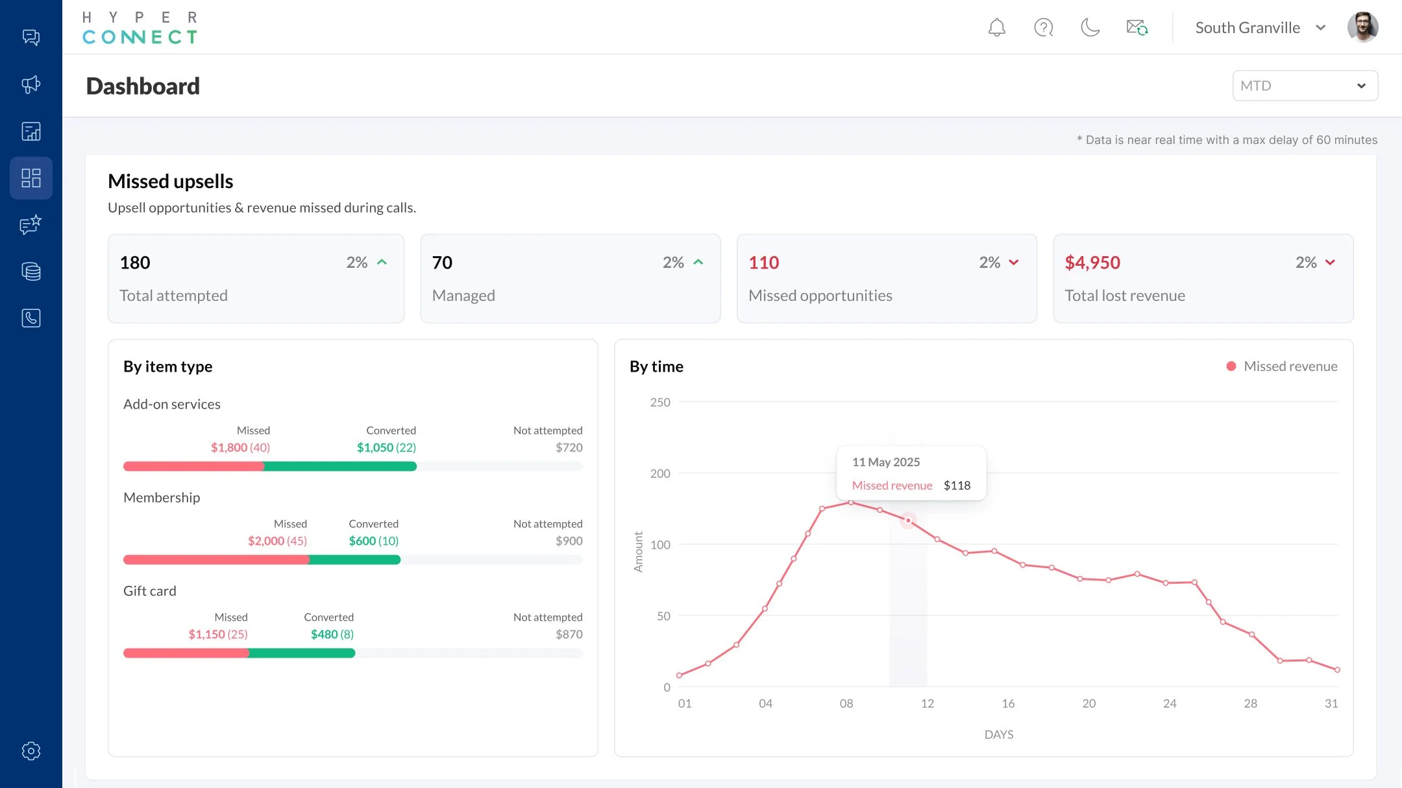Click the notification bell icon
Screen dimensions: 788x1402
[996, 27]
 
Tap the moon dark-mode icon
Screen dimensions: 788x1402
[1090, 27]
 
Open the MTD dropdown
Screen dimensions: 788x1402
[1305, 86]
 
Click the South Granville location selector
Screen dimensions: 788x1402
[1259, 28]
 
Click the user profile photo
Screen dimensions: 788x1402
[1362, 27]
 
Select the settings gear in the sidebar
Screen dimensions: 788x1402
[31, 750]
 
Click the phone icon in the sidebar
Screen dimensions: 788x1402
[31, 318]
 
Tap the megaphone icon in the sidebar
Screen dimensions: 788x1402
[31, 84]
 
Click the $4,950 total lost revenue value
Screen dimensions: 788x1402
[1092, 263]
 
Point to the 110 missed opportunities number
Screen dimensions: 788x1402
[763, 263]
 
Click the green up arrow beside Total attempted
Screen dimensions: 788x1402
[382, 262]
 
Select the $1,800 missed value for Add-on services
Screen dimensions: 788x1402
[229, 448]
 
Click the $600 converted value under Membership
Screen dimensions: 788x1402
[362, 541]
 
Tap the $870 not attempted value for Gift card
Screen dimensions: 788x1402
[569, 634]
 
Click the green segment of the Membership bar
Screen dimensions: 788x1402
[354, 560]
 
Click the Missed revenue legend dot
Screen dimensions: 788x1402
[1231, 366]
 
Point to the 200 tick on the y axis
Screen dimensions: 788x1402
[660, 473]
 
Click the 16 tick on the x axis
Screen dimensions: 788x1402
[1008, 704]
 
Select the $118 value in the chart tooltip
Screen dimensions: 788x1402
[957, 486]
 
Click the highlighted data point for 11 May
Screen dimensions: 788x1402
[908, 521]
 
